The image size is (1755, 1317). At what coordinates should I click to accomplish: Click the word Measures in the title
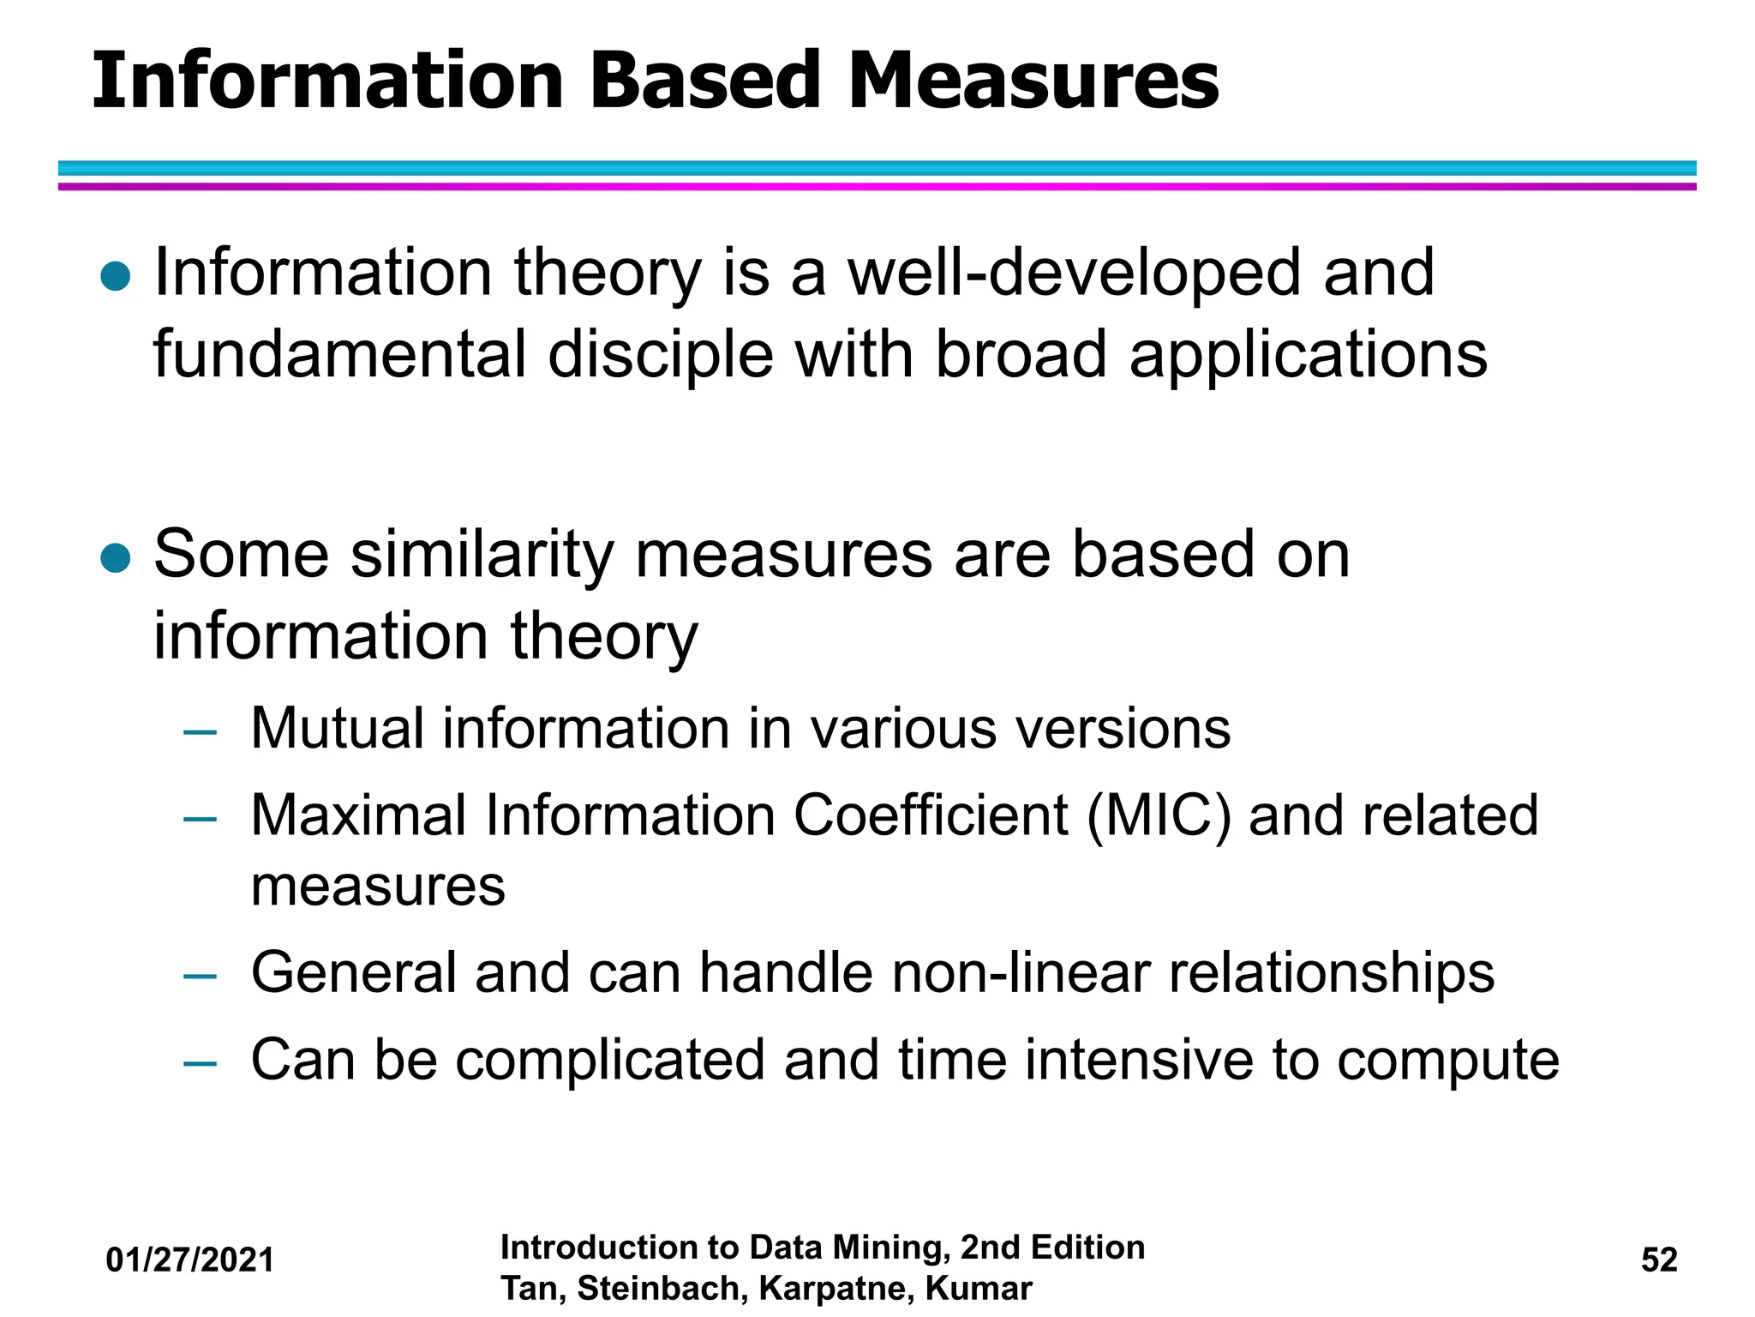(1033, 81)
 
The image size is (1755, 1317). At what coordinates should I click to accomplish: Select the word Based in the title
(705, 81)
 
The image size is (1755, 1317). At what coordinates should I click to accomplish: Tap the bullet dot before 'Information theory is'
(116, 277)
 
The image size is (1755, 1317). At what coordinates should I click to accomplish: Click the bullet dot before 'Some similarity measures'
(116, 559)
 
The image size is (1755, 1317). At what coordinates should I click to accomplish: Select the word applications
(1309, 356)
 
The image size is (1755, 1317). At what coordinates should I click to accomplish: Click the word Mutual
(337, 729)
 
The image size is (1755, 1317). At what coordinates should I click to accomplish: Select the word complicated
(609, 1061)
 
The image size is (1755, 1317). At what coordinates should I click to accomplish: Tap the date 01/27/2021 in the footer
(190, 1260)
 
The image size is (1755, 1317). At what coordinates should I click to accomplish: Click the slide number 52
(1659, 1260)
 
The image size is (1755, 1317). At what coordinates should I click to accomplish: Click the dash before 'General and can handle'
(201, 976)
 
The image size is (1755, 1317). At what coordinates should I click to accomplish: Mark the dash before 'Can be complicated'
(201, 1063)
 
